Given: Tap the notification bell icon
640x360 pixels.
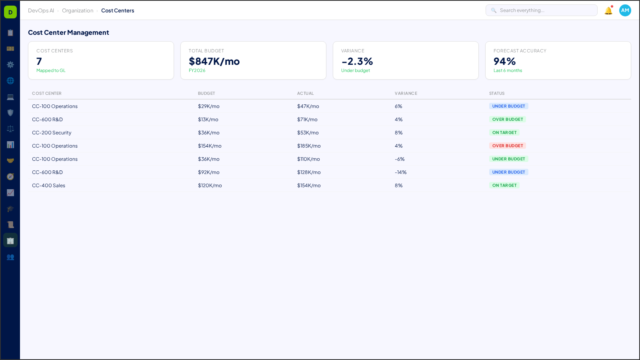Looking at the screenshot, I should (608, 11).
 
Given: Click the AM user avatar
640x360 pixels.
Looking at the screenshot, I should (625, 10).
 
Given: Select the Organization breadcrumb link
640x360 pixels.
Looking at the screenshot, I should (78, 11).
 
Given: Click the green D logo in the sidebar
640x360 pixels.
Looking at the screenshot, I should (10, 12).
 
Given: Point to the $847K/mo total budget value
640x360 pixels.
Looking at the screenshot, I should (214, 61).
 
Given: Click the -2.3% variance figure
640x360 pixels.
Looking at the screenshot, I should (357, 61).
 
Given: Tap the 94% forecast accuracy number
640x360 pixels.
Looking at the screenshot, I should (504, 61).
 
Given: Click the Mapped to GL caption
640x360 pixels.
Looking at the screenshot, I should (51, 70).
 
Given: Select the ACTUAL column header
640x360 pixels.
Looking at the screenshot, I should (305, 93).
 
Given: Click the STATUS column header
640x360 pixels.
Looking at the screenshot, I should (496, 93).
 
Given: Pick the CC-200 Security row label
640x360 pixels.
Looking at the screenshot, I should (52, 133).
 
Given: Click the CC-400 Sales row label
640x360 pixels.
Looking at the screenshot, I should (48, 186).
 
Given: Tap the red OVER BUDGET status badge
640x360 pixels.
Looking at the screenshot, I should (507, 146).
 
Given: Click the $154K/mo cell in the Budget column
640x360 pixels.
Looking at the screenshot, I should (210, 146).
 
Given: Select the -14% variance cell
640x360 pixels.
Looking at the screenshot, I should (400, 172).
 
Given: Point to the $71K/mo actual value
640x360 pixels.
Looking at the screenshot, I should (307, 120).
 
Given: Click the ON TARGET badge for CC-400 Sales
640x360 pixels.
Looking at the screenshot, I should (504, 186).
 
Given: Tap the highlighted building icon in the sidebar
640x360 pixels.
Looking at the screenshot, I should (10, 240).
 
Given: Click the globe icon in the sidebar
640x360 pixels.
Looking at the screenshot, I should (10, 80).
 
